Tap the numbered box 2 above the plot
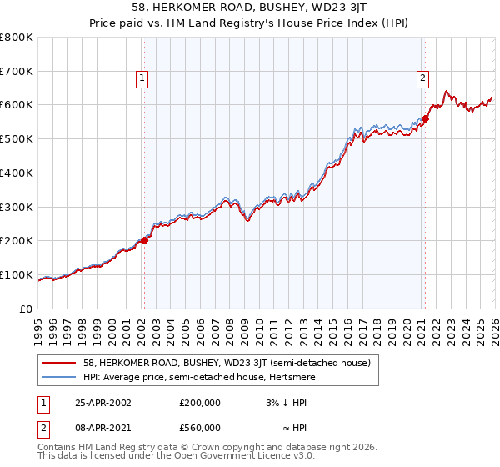422,78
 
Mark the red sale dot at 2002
145,240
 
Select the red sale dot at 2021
425,118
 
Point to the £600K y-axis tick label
17,105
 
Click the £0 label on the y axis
27,309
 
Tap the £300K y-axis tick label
17,207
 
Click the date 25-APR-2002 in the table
102,402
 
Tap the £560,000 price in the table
200,427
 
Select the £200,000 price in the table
200,402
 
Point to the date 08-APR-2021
102,427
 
